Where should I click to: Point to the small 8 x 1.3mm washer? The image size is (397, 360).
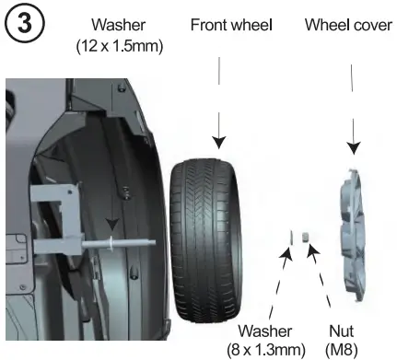point(292,237)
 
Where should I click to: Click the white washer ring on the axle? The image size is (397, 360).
point(111,244)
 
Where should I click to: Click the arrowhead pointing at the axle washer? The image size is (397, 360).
point(111,227)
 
